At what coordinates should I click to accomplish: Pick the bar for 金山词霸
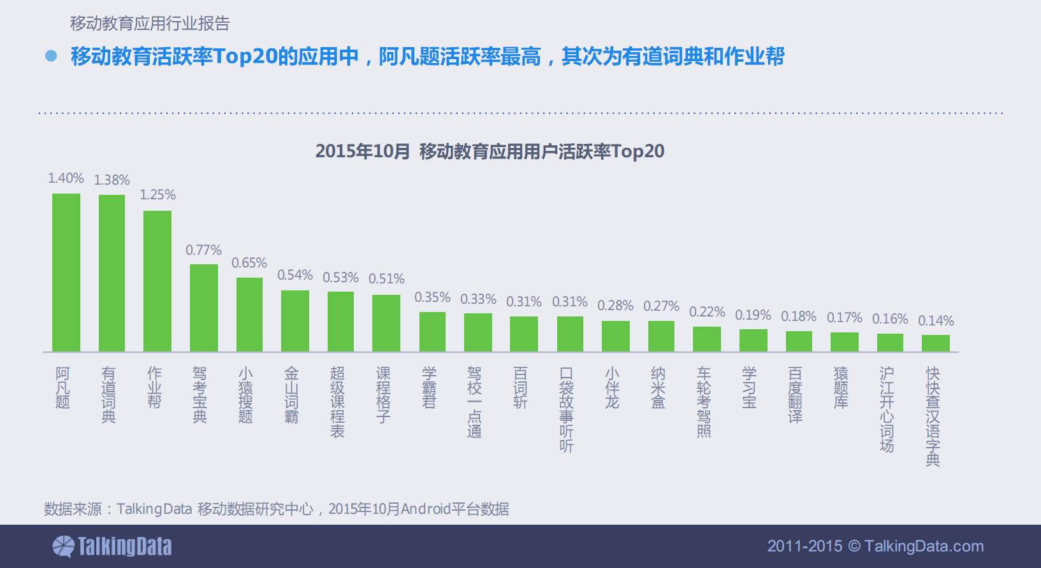click(295, 321)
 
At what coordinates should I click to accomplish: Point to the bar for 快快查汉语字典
click(936, 343)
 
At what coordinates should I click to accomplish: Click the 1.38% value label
click(112, 180)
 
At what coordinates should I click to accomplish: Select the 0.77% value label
click(204, 250)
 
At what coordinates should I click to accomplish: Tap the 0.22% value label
click(707, 312)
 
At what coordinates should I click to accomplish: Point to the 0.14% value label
click(936, 321)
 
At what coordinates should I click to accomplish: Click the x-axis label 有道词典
click(109, 395)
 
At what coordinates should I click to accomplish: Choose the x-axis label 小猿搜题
click(245, 395)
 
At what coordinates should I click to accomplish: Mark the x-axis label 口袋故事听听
click(566, 409)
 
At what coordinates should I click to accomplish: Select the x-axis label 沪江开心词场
click(887, 409)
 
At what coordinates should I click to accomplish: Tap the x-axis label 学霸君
click(429, 387)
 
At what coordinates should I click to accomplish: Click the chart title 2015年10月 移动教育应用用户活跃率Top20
click(490, 152)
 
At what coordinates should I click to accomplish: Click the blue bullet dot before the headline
click(51, 56)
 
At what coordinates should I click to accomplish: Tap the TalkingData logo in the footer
click(112, 546)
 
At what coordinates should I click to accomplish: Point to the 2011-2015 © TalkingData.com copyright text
click(875, 546)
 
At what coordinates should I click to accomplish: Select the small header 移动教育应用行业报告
click(150, 24)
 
